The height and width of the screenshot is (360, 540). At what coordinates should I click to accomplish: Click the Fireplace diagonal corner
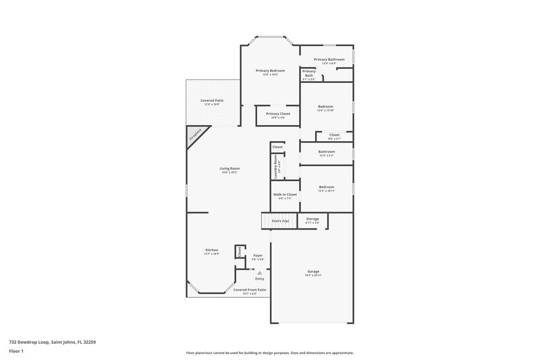click(x=194, y=136)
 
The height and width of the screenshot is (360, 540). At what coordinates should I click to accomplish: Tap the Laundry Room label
click(x=275, y=166)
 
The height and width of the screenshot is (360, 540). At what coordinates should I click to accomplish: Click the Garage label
click(x=312, y=272)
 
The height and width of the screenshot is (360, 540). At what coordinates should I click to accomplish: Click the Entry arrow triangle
click(x=259, y=272)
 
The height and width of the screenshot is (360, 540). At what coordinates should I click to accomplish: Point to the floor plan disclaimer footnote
click(x=270, y=353)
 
